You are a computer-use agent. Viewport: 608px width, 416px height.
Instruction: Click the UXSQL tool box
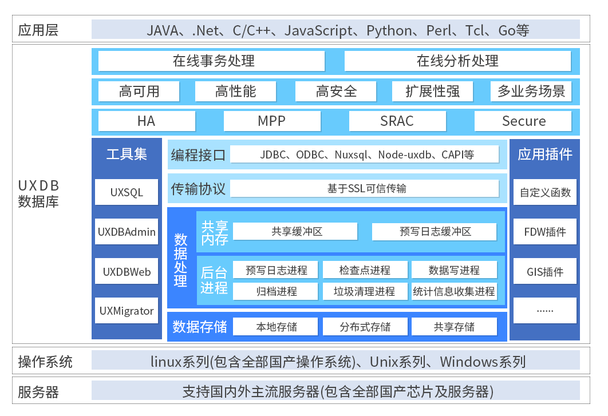[x=127, y=192]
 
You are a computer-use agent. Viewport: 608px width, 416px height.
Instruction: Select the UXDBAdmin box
[x=127, y=232]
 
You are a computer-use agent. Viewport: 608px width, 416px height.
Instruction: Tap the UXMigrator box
[x=127, y=311]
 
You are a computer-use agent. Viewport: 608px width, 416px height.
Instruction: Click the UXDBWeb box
[x=127, y=272]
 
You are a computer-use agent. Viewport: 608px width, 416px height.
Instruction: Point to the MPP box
[x=271, y=121]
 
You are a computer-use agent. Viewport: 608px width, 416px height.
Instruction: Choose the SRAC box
[x=397, y=121]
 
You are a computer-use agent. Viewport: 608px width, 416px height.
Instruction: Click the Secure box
[x=523, y=121]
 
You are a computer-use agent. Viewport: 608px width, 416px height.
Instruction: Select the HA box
[x=147, y=121]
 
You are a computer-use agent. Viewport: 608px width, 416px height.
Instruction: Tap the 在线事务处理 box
[x=211, y=61]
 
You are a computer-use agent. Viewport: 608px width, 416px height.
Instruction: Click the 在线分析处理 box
[x=457, y=61]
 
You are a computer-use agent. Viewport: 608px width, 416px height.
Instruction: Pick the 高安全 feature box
[x=336, y=91]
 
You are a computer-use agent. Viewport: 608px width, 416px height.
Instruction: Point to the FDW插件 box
[x=545, y=232]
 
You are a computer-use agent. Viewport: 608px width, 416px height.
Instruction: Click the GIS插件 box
[x=545, y=272]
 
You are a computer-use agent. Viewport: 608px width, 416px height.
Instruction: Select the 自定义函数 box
[x=545, y=192]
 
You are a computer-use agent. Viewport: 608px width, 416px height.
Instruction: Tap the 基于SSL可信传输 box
[x=365, y=189]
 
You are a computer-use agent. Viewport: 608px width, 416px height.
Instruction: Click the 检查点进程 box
[x=365, y=270]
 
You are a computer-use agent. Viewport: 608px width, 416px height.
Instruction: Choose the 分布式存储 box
[x=365, y=327]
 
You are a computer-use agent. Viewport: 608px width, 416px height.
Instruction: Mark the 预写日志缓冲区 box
[x=435, y=232]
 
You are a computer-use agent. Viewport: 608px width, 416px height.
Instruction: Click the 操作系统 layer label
[x=45, y=362]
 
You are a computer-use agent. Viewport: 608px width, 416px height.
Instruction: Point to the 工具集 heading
[x=127, y=154]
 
